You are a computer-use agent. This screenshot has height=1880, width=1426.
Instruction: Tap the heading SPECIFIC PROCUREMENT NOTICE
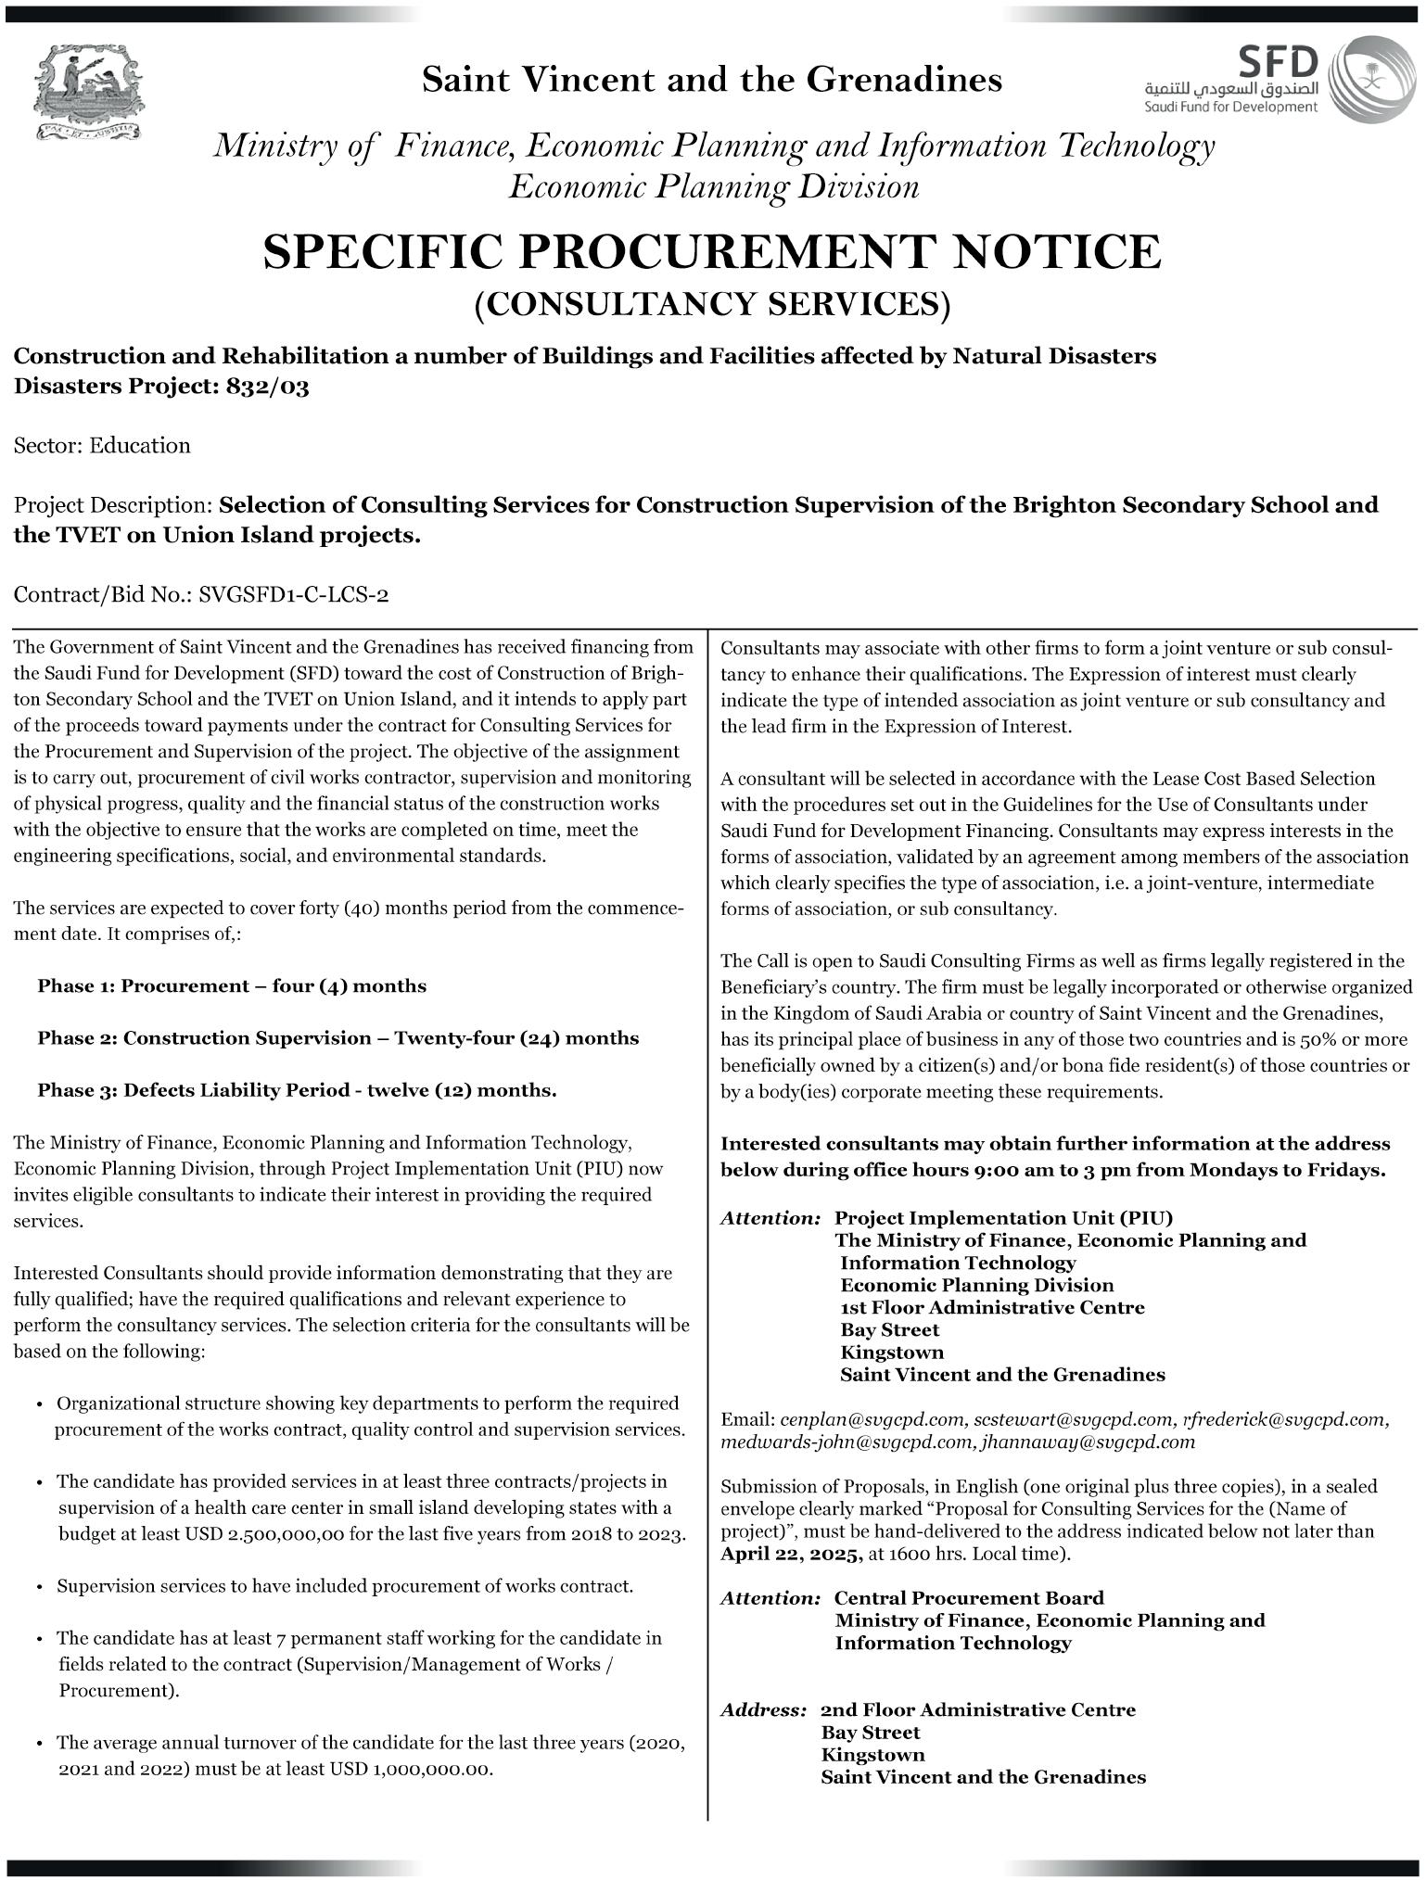click(711, 251)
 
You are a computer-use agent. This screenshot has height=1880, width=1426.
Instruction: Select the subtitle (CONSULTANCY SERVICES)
click(712, 304)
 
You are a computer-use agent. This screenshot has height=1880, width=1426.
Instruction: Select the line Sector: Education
click(102, 445)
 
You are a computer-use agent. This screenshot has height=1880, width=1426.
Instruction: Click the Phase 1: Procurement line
click(232, 985)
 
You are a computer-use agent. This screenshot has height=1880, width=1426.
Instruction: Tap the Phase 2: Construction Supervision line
click(337, 1037)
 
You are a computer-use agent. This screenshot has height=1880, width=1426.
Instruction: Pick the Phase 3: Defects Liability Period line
click(297, 1089)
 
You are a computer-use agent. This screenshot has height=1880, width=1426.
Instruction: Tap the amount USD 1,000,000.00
click(408, 1769)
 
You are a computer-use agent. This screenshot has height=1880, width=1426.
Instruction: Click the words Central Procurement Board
click(969, 1597)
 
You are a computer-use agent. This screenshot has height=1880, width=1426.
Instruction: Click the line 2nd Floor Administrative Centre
click(978, 1709)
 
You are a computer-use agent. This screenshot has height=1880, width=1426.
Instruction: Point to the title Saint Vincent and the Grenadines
click(711, 80)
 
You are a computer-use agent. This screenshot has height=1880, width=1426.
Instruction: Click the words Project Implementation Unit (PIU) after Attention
click(1003, 1217)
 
